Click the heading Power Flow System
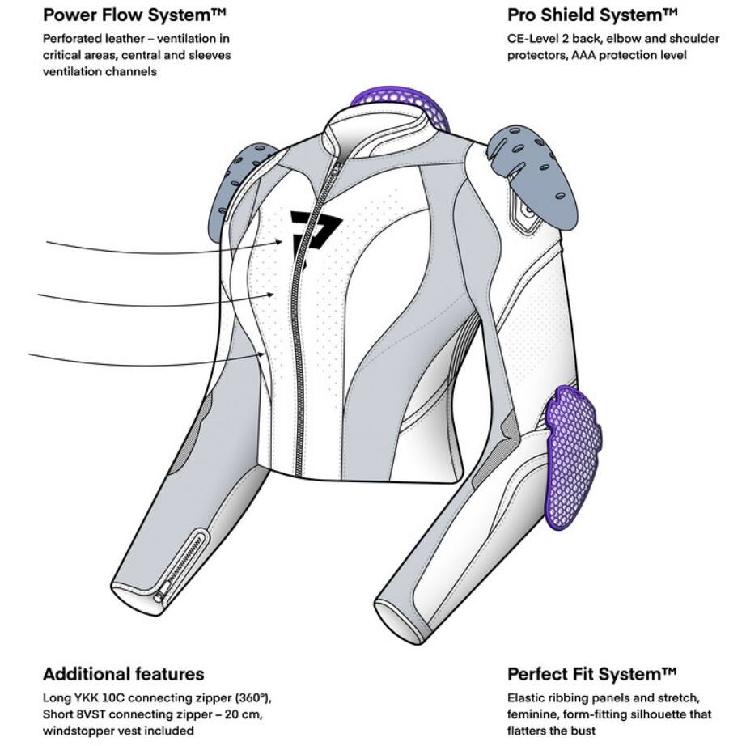pos(134,15)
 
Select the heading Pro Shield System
pos(591,15)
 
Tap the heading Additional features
pos(123,674)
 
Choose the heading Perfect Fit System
pos(591,674)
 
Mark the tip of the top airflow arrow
pos(282,242)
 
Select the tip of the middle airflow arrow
pos(273,295)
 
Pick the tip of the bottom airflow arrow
pos(265,354)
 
